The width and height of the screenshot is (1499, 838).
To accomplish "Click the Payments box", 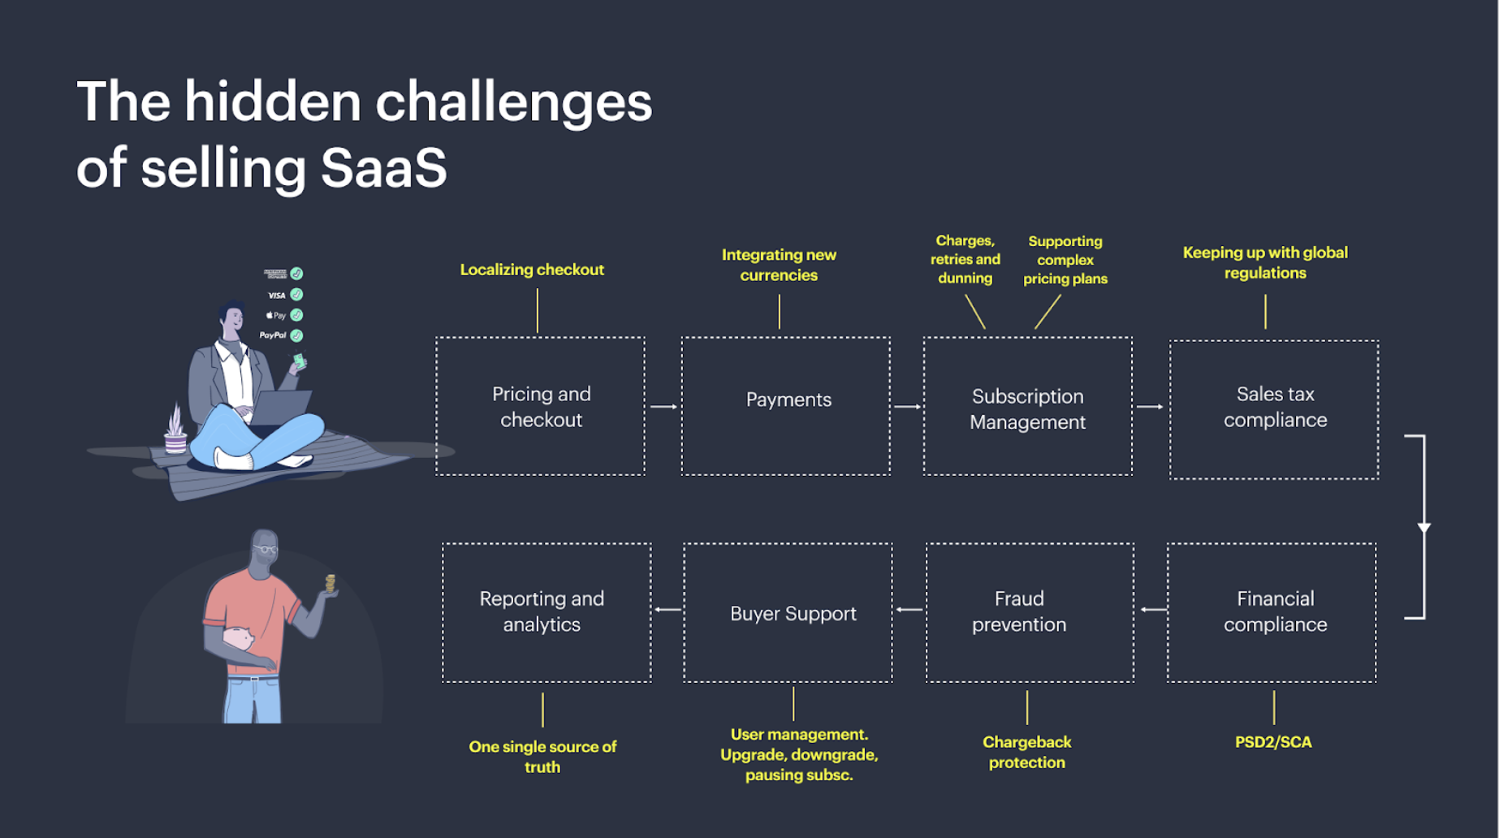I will pyautogui.click(x=786, y=405).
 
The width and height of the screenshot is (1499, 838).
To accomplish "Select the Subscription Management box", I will pyautogui.click(x=1027, y=406).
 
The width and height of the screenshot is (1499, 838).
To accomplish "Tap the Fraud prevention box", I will pyautogui.click(x=1029, y=612).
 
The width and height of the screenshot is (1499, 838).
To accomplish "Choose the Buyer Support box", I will pyautogui.click(x=788, y=612).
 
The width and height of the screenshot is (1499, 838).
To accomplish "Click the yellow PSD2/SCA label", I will pyautogui.click(x=1272, y=741).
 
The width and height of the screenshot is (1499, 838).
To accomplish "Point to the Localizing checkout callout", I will pyautogui.click(x=532, y=270).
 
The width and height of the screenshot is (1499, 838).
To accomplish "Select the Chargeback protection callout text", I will pyautogui.click(x=1026, y=752).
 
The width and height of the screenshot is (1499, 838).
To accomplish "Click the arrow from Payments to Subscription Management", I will pyautogui.click(x=907, y=406).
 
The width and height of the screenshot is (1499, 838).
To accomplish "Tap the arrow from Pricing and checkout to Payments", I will pyautogui.click(x=663, y=406).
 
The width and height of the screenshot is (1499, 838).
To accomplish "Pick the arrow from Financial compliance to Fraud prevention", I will pyautogui.click(x=1153, y=609).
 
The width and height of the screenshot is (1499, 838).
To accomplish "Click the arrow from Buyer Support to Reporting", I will pyautogui.click(x=667, y=609).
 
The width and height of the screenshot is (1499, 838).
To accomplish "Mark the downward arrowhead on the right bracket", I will pyautogui.click(x=1423, y=528).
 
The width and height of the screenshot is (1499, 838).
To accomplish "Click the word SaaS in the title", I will pyautogui.click(x=383, y=168).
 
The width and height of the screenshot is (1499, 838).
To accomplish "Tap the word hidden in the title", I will pyautogui.click(x=272, y=102).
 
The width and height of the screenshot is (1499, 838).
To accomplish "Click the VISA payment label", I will pyautogui.click(x=277, y=296).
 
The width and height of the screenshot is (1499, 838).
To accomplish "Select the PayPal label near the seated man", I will pyautogui.click(x=273, y=335).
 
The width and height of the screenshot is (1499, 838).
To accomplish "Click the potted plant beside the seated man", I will pyautogui.click(x=175, y=430).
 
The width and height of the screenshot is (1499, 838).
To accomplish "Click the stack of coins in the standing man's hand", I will pyautogui.click(x=330, y=583).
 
